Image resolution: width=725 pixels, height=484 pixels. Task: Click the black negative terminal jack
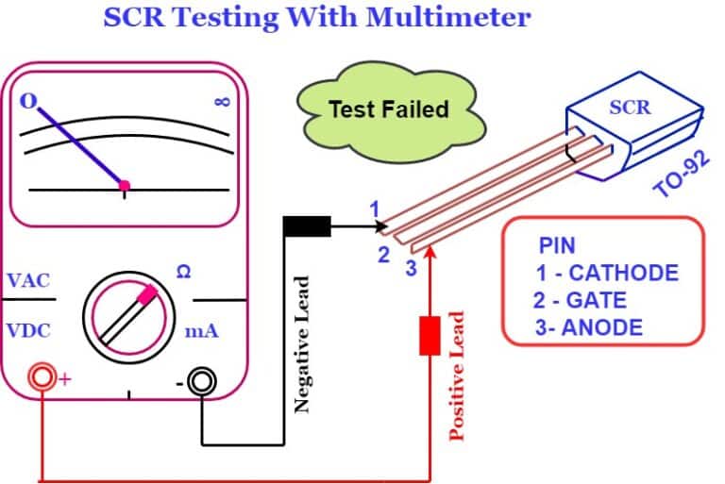(x=201, y=381)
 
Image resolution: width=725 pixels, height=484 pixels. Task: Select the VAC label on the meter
(x=28, y=281)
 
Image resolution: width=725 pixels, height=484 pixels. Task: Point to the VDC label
(x=28, y=331)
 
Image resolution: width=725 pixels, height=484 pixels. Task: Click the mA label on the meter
(x=201, y=331)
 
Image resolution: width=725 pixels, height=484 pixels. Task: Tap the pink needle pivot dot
(x=125, y=186)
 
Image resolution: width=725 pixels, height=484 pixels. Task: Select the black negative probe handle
(x=308, y=226)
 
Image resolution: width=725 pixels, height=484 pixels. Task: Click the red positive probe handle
(x=430, y=335)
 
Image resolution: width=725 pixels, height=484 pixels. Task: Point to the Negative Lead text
(x=302, y=344)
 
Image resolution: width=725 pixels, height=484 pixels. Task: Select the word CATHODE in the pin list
(x=623, y=274)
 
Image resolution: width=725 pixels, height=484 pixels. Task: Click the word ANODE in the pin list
(x=602, y=327)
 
